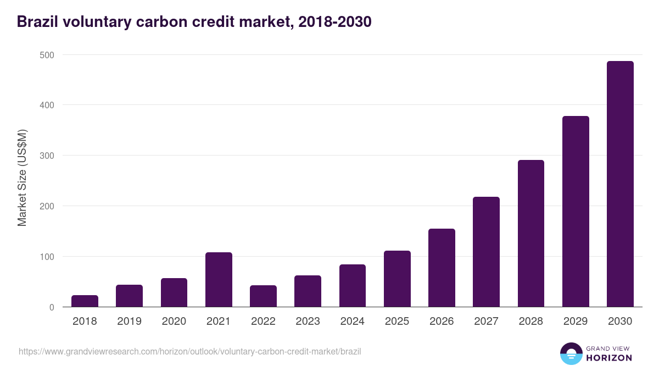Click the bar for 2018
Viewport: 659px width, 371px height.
85,301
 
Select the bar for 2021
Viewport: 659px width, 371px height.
219,280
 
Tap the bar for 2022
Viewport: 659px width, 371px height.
263,296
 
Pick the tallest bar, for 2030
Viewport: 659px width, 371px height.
620,184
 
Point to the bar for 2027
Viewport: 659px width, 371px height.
486,252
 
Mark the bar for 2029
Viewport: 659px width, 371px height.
576,212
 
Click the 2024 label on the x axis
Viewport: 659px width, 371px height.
353,322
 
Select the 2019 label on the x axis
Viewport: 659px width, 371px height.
129,322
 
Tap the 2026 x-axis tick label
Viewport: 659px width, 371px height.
442,322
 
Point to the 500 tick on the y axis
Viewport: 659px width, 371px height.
47,55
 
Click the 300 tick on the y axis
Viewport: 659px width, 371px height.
47,156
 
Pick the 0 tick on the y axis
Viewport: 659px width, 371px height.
52,307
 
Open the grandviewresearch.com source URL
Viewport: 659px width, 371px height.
189,351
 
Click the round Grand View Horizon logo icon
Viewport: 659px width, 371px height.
571,354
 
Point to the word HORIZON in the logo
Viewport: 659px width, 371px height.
609,358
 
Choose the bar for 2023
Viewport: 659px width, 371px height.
308,291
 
